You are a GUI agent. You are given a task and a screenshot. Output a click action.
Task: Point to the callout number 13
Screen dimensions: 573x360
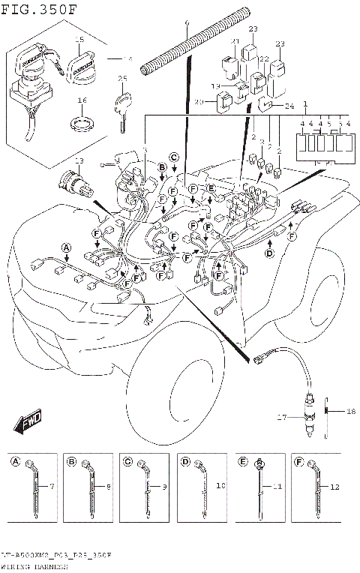79,161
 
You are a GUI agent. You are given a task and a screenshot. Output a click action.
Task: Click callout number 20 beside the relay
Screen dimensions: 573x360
199,103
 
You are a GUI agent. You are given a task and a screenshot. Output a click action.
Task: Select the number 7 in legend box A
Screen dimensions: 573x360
52,486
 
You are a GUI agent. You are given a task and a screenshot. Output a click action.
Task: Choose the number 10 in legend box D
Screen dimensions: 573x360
220,486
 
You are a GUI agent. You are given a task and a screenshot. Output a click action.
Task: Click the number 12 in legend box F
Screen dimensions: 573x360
334,486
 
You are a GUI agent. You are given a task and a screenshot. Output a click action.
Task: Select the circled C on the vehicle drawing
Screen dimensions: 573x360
173,157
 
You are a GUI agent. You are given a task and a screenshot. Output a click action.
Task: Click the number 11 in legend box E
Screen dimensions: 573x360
277,486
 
